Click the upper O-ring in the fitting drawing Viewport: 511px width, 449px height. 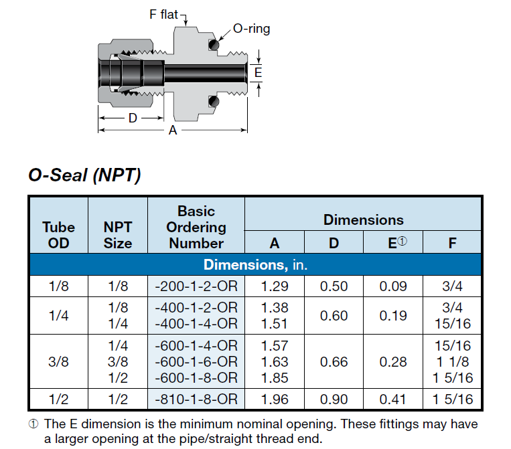(214, 45)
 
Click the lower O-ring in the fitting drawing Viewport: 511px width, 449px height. (214, 102)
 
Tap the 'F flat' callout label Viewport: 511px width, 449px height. (163, 14)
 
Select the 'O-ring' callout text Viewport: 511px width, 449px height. (252, 29)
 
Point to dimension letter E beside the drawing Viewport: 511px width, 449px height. (258, 72)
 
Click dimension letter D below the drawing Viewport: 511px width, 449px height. (133, 118)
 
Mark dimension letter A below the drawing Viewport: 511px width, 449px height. (173, 130)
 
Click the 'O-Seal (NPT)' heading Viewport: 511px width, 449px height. (85, 175)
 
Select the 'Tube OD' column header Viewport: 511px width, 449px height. (59, 235)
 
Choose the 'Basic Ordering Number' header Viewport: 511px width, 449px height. (196, 227)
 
